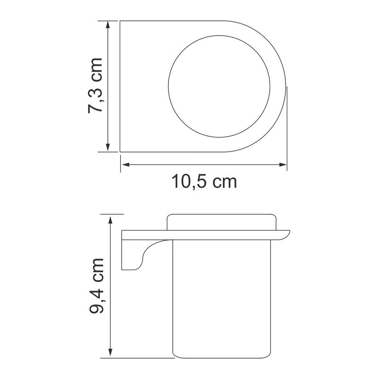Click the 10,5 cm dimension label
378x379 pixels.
[x=204, y=181]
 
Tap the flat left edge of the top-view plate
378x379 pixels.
[x=120, y=86]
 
